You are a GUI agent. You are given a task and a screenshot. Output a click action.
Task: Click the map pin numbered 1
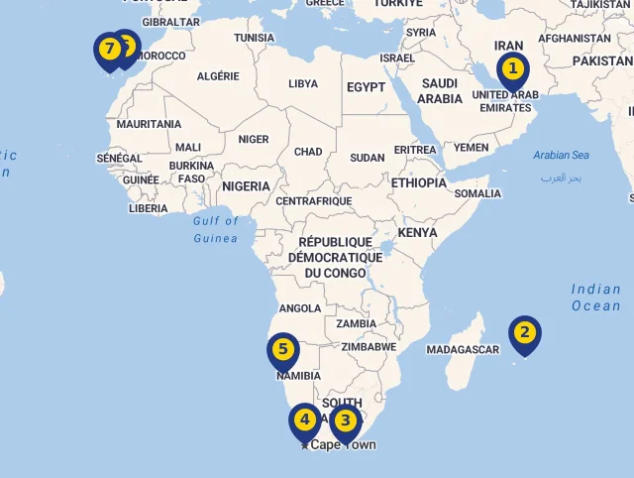click(512, 70)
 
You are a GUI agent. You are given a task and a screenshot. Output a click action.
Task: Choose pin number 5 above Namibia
click(282, 350)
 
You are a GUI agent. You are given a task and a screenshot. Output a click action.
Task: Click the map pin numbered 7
click(108, 50)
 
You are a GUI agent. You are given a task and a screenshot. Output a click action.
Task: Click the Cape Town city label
click(343, 445)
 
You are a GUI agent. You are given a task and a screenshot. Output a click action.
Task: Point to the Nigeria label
click(246, 186)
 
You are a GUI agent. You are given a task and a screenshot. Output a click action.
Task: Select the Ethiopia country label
click(419, 183)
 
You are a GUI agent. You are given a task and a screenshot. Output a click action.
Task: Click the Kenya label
click(417, 233)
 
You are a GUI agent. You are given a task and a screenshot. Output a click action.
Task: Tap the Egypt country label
click(366, 87)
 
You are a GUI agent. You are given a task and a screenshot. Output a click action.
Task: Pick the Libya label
click(303, 84)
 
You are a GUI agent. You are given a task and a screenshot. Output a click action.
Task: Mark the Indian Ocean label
click(596, 298)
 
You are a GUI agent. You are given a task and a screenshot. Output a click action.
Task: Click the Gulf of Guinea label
click(216, 229)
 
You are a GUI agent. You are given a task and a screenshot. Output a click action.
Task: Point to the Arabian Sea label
click(561, 155)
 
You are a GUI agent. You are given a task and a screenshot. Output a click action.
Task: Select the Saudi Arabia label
click(440, 91)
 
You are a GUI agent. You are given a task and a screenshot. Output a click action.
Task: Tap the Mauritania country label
click(149, 124)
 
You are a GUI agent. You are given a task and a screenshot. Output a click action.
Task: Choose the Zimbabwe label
click(369, 347)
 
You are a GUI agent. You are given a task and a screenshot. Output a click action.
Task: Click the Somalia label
click(477, 193)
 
